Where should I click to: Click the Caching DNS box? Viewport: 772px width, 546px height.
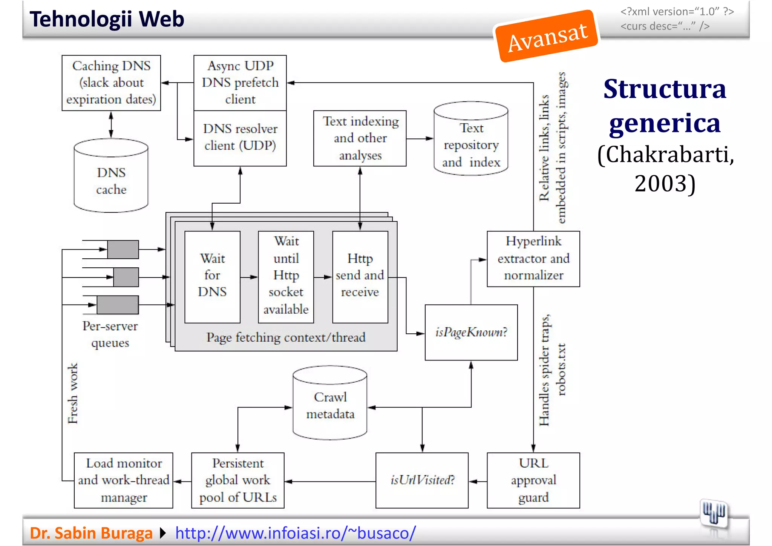[x=111, y=83]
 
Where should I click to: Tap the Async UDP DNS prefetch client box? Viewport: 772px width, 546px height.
[x=240, y=83]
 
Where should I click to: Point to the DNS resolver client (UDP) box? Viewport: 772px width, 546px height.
[x=240, y=138]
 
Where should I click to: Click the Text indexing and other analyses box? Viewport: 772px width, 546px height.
[x=360, y=138]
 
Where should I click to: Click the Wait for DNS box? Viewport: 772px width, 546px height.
[x=212, y=277]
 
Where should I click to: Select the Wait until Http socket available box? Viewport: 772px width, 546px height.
[x=286, y=277]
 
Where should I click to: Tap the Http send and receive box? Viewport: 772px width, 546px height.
[x=360, y=277]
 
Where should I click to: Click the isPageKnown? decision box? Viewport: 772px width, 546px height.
[x=471, y=332]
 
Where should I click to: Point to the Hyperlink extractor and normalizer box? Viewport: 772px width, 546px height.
[x=533, y=259]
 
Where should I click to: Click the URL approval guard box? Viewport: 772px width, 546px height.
[x=533, y=480]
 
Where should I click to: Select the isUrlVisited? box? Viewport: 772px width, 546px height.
[x=422, y=480]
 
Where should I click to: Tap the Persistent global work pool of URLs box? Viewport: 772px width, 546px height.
[x=238, y=480]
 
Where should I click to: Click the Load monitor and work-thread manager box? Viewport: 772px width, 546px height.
[x=124, y=480]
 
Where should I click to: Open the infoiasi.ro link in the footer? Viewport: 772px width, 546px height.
[x=296, y=533]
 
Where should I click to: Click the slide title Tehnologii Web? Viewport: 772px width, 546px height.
[x=107, y=19]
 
